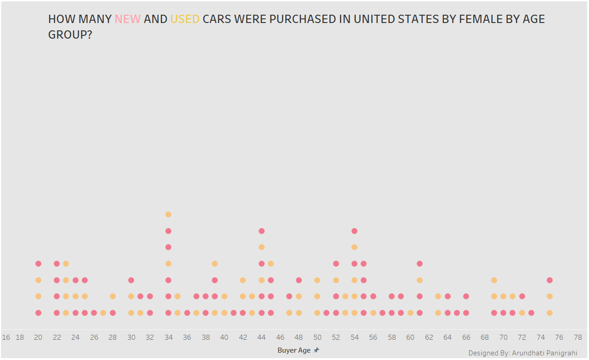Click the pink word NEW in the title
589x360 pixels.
(127, 19)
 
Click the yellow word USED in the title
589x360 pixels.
(185, 19)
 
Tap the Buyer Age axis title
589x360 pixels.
(294, 350)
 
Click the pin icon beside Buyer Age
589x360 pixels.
(317, 350)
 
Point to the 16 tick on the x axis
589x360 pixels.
(6, 337)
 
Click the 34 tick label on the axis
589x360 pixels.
(169, 337)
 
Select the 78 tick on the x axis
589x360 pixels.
(578, 337)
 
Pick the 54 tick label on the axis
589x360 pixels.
(355, 337)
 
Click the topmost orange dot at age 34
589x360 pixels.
(169, 214)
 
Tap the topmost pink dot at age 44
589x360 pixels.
(261, 231)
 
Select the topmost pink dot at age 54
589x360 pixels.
(355, 231)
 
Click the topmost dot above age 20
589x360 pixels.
(38, 263)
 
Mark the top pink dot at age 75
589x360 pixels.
(550, 280)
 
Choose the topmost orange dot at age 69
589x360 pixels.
(494, 280)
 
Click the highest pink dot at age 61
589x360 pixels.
(419, 263)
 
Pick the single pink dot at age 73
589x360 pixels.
(532, 313)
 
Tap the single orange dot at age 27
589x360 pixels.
(103, 313)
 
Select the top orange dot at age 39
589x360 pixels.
(215, 263)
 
